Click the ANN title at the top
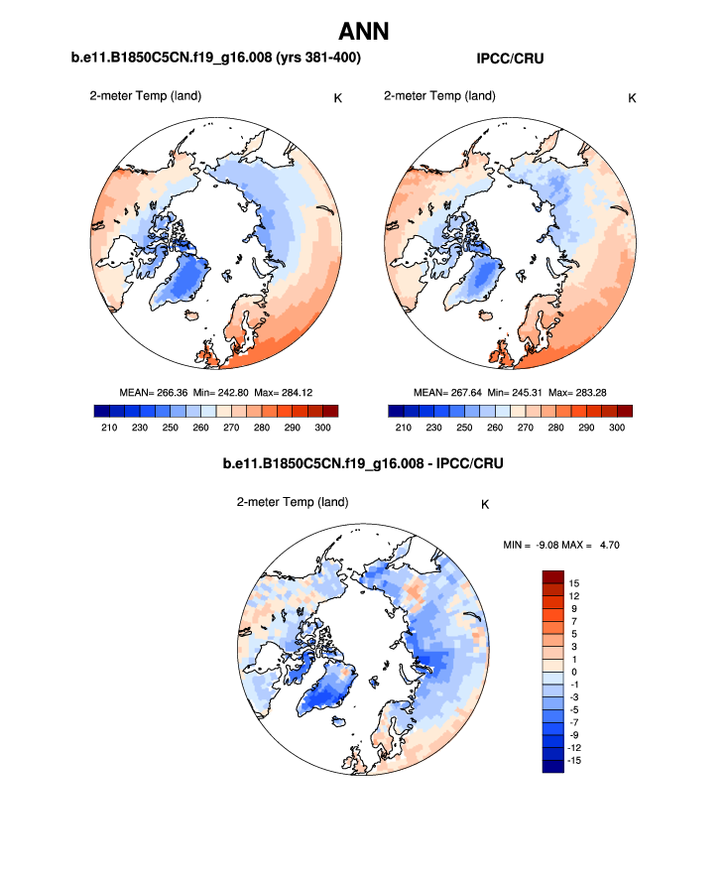pyautogui.click(x=363, y=32)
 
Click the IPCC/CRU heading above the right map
pyautogui.click(x=510, y=60)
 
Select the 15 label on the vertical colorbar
pyautogui.click(x=574, y=582)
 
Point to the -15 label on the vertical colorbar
pyautogui.click(x=574, y=760)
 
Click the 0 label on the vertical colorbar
pyautogui.click(x=572, y=672)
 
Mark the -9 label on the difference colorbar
pyautogui.click(x=573, y=734)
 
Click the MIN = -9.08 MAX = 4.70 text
pyautogui.click(x=561, y=544)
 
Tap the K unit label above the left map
pyautogui.click(x=338, y=97)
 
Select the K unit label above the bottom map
pyautogui.click(x=485, y=504)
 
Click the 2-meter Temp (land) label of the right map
pyautogui.click(x=439, y=96)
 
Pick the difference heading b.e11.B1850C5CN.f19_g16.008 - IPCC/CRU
pyautogui.click(x=363, y=463)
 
